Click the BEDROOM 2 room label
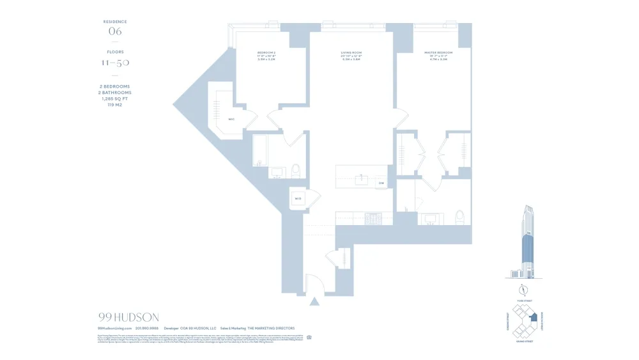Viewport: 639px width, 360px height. tap(266, 52)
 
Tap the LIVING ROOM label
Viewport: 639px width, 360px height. tap(351, 52)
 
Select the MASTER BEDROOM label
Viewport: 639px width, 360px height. tap(438, 52)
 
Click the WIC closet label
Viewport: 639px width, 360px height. tap(231, 120)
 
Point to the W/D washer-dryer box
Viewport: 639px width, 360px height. tap(298, 199)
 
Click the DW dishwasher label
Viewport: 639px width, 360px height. tap(381, 184)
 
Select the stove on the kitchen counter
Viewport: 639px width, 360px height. tap(373, 217)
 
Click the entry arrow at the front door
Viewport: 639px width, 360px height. tap(314, 302)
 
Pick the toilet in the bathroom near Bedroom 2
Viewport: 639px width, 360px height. tap(295, 171)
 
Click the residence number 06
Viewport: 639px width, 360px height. tap(115, 31)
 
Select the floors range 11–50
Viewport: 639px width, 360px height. tap(115, 63)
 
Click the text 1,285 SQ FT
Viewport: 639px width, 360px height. tap(115, 99)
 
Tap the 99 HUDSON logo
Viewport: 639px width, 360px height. tap(128, 317)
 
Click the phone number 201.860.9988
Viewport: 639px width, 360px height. tap(147, 329)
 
